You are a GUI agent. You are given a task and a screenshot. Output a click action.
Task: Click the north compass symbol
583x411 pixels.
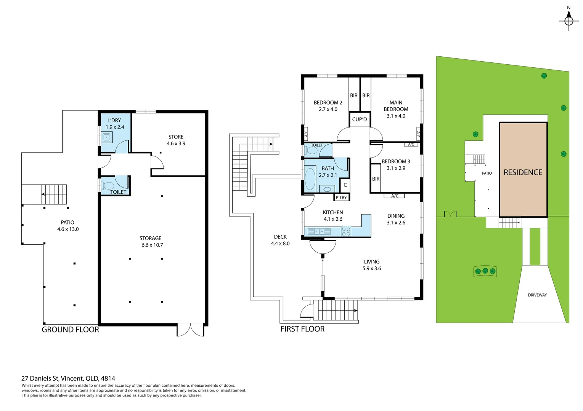point(569,20)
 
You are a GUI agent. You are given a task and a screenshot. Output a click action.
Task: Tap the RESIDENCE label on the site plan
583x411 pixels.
point(523,172)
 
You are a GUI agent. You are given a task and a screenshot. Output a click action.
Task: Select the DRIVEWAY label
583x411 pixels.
point(537,295)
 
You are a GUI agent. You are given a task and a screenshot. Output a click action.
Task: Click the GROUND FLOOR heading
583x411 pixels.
point(70,330)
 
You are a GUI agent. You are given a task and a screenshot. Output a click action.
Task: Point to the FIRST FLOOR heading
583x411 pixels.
point(302,329)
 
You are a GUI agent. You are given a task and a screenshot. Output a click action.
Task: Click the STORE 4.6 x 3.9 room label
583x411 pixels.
point(176,140)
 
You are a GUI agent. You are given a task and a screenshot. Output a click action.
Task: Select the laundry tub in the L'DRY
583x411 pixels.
point(107,137)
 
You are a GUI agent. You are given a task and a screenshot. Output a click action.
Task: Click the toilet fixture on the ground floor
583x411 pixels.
point(108,186)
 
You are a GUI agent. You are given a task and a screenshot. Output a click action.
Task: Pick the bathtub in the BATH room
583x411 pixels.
point(310,178)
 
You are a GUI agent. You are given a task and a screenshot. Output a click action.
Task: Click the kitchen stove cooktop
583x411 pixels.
point(346,231)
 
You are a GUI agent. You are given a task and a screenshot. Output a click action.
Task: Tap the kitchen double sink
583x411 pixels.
point(319,231)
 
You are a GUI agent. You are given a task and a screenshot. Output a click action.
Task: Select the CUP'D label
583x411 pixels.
point(359,119)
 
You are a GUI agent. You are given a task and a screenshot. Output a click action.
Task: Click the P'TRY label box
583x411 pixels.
point(341,198)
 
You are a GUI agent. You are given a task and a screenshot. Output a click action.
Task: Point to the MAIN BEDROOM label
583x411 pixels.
point(396,109)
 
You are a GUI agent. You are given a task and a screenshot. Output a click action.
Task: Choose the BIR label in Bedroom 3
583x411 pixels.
point(376,179)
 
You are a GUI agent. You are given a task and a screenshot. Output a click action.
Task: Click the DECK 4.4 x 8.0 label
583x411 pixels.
point(280,240)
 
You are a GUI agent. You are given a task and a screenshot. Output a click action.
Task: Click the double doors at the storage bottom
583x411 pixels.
point(190,330)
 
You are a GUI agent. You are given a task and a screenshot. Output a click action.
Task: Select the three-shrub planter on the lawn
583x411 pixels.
point(485,271)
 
